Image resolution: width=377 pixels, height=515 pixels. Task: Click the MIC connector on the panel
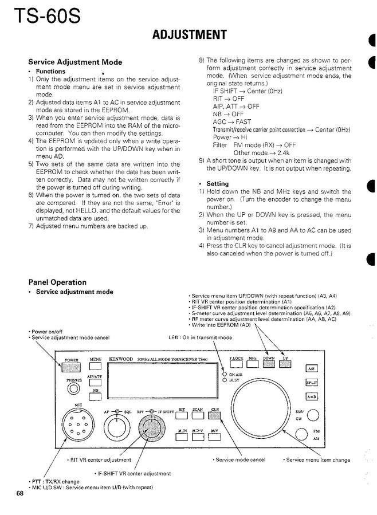pyautogui.click(x=78, y=426)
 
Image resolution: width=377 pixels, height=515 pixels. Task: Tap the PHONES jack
pyautogui.click(x=74, y=388)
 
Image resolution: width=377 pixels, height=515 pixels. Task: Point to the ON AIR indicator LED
pyautogui.click(x=225, y=374)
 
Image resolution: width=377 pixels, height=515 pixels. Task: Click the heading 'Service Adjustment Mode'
pyautogui.click(x=75, y=62)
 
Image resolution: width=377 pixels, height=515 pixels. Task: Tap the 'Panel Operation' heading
pyautogui.click(x=57, y=282)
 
